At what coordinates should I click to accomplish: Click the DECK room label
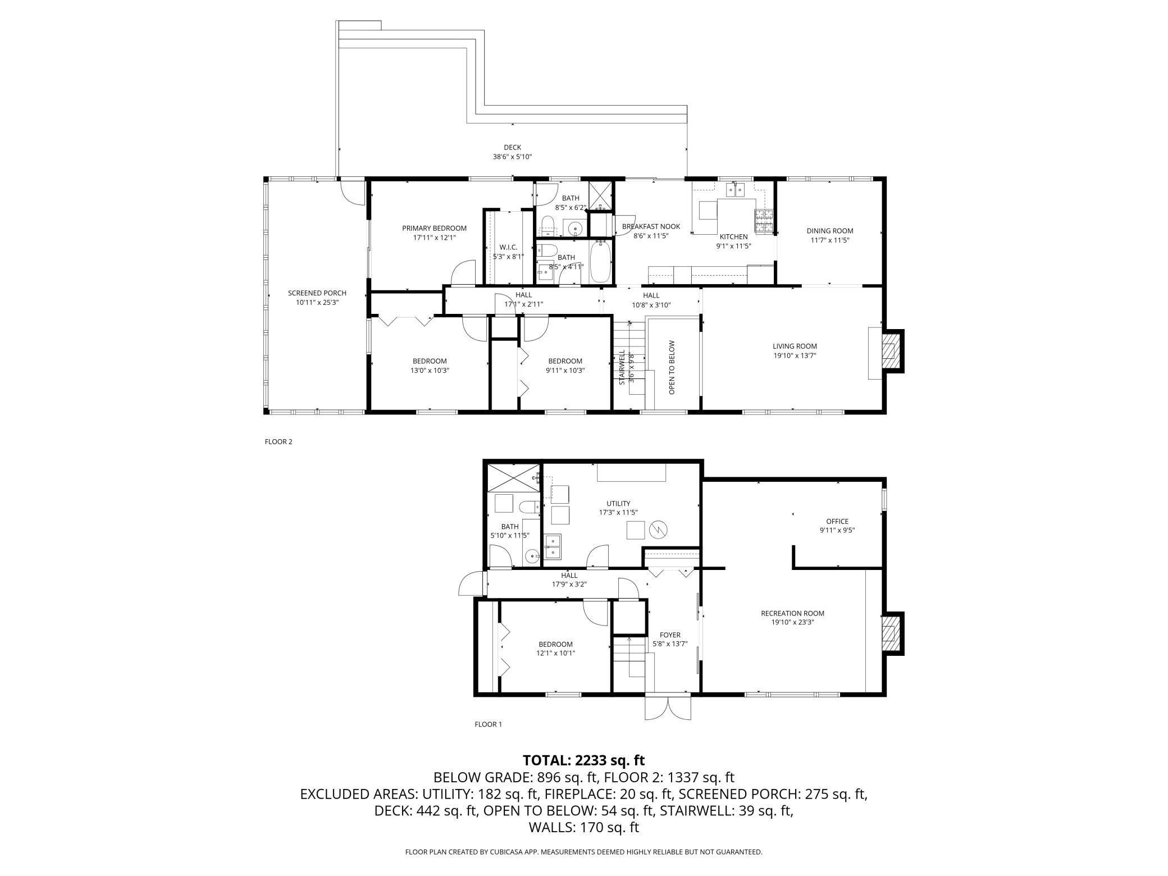tap(512, 148)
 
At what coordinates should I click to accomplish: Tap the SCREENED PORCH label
tap(317, 293)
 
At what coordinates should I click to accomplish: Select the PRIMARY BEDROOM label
tap(434, 228)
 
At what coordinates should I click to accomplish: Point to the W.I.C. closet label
tap(508, 248)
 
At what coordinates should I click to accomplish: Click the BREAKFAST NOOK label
tap(651, 227)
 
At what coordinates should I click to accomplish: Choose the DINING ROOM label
tap(830, 231)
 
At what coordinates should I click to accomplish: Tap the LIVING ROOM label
tap(795, 346)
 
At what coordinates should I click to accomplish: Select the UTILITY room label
tap(618, 504)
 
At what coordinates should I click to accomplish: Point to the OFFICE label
tap(837, 522)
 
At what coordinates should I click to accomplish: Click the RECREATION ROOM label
tap(792, 613)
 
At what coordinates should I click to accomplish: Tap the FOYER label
tap(670, 635)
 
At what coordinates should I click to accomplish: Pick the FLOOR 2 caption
tap(279, 441)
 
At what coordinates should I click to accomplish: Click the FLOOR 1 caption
tap(488, 724)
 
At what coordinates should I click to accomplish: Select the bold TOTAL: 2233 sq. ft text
tap(584, 760)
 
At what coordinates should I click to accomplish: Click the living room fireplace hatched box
tap(889, 350)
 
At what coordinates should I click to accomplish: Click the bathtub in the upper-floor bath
tap(600, 261)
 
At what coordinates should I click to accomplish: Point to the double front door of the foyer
tap(668, 708)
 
